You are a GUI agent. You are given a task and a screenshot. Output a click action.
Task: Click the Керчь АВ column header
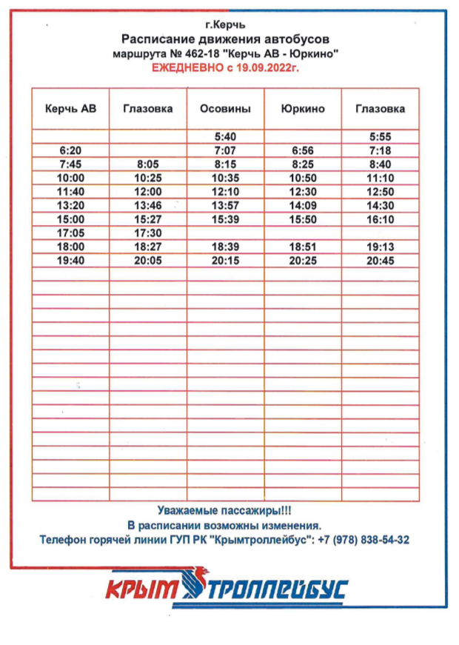point(70,109)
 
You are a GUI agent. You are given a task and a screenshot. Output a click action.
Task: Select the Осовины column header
point(225,109)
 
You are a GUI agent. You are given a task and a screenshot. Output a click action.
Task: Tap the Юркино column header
point(303,109)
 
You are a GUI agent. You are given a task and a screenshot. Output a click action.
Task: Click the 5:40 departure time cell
point(225,137)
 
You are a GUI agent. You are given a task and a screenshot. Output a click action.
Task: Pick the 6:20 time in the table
point(70,151)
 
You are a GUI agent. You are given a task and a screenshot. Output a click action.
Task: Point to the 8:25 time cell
point(303,164)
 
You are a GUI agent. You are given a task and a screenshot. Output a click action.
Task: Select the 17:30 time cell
point(148,233)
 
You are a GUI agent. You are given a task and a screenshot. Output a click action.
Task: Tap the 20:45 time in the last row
point(380,261)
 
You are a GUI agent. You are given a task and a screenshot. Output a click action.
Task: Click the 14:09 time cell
point(303,206)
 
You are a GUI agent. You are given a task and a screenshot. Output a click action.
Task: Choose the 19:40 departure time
point(70,261)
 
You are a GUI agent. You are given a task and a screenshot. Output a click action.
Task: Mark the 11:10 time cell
point(380,178)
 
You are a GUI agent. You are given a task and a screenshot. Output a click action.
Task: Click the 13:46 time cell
point(148,206)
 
